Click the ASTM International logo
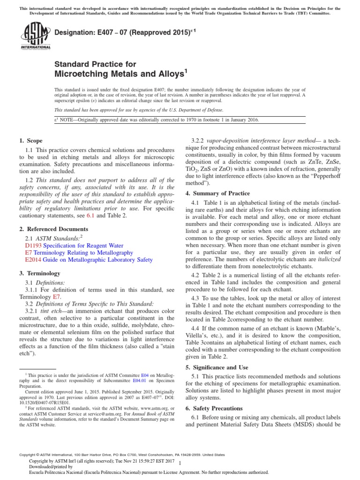pyautogui.click(x=36, y=37)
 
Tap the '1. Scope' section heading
pyautogui.click(x=31, y=141)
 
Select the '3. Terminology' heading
pyautogui.click(x=40, y=273)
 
